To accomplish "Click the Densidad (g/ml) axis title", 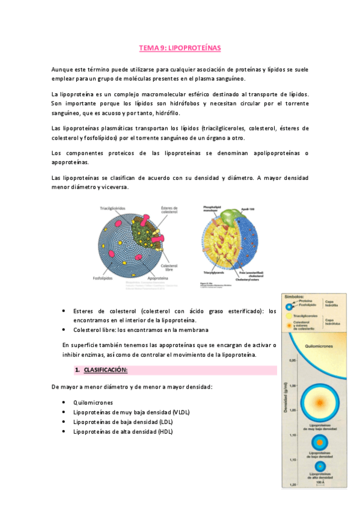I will [285, 397].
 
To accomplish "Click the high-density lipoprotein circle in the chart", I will [320, 467].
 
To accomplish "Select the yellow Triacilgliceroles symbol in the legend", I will [289, 315].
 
